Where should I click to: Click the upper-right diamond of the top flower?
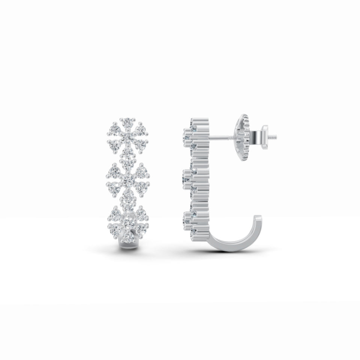click(x=141, y=129)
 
